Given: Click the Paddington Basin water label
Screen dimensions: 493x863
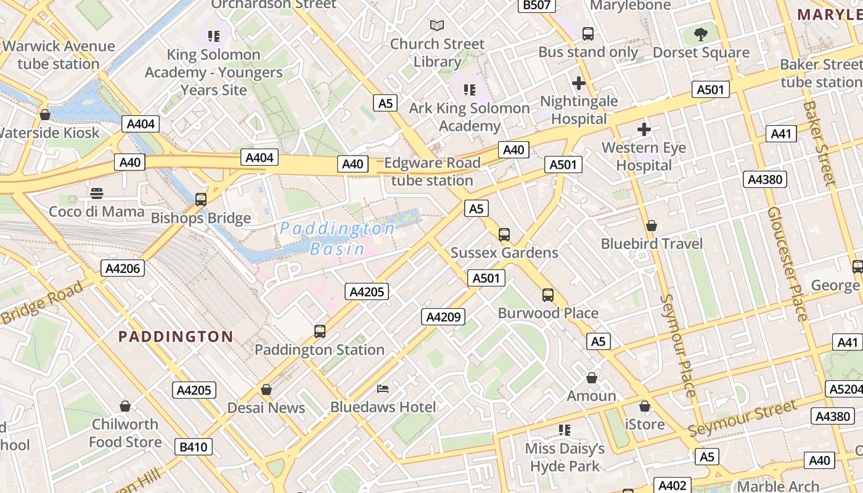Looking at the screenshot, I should coord(337,238).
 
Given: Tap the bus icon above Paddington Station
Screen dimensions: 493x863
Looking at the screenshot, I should coord(319,331).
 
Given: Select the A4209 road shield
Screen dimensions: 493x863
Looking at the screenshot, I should coord(443,317).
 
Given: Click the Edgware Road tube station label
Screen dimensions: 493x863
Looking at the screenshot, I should coord(431,172).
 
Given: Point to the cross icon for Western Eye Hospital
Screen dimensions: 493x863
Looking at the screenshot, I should coord(644,129).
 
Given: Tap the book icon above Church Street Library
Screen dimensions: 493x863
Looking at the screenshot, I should coord(437,26).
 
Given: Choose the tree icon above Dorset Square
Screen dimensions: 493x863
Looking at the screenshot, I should coord(701,34).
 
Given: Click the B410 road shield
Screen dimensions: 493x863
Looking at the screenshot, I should coord(193,447).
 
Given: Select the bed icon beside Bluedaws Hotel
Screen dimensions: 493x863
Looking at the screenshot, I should coord(383,388).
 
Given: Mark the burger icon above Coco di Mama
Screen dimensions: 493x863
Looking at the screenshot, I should coord(96,193).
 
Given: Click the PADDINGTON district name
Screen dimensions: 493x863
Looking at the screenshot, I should coord(176,336).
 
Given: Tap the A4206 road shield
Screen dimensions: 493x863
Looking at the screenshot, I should coord(123,268).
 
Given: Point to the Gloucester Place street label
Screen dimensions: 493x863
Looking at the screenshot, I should coord(787,264).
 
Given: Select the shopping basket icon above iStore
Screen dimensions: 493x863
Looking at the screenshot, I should coord(645,406).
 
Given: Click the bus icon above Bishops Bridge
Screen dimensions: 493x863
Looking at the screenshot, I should coord(201,199).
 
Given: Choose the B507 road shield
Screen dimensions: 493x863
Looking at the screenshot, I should coord(536,6).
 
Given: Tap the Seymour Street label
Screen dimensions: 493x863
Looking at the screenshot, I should coord(742,418).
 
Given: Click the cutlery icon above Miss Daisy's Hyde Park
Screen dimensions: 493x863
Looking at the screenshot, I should coord(565,430).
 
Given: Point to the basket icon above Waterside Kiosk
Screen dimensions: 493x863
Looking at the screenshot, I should coord(44,115).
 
